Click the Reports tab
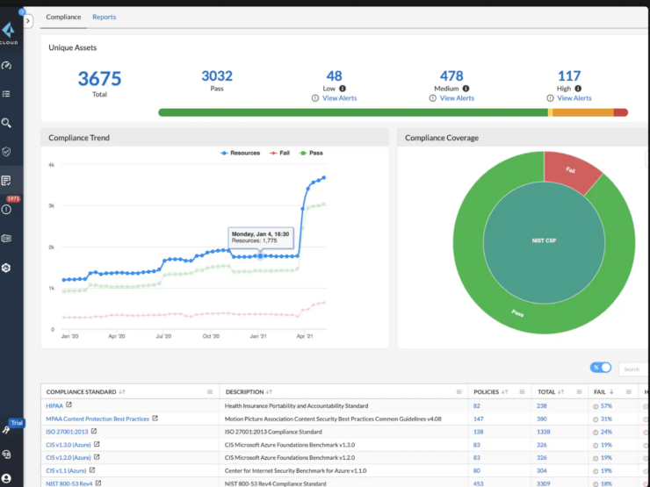(x=104, y=17)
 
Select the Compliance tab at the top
(x=63, y=17)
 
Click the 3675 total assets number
(x=99, y=78)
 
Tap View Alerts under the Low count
(x=340, y=98)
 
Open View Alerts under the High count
(x=574, y=98)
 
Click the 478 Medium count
(x=451, y=76)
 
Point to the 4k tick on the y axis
(x=51, y=165)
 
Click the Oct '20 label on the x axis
(x=211, y=336)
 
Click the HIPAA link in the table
(x=55, y=405)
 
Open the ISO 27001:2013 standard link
(x=67, y=432)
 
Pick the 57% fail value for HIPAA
(x=605, y=405)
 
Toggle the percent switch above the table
(x=601, y=368)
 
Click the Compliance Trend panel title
(x=79, y=138)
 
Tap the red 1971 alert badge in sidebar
(x=12, y=199)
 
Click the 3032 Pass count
(x=217, y=76)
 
